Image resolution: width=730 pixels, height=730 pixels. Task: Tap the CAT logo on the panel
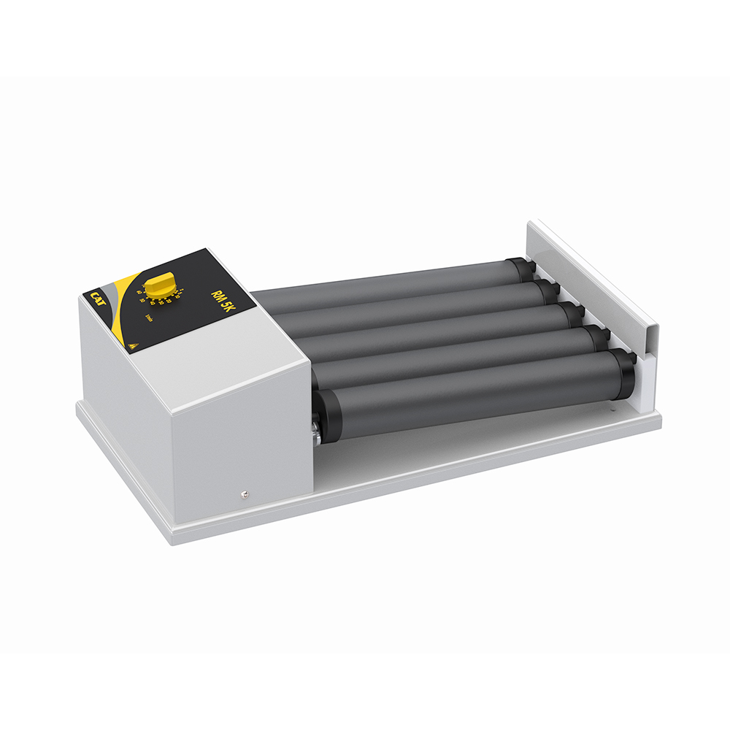99,296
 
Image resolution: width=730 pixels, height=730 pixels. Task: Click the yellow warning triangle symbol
132,342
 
